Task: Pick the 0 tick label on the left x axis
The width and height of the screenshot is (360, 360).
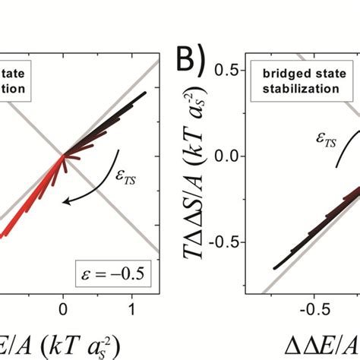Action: (x=63, y=310)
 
